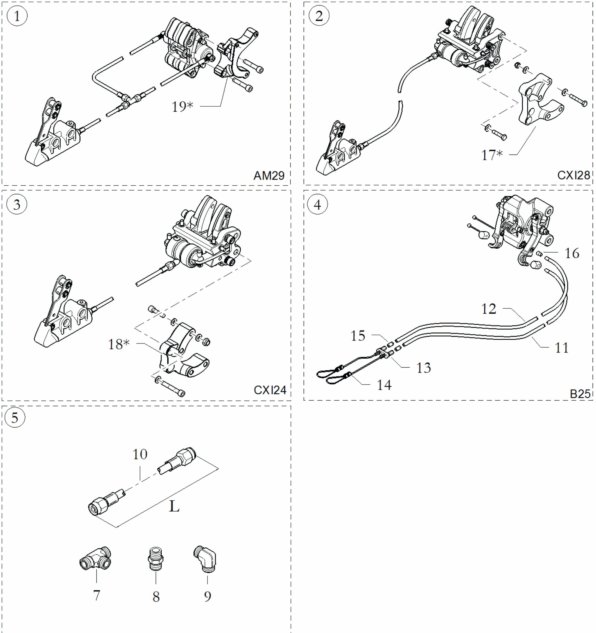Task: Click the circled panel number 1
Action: pos(17,16)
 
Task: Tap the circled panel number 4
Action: pos(318,204)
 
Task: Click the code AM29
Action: pos(269,175)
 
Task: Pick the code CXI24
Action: pos(270,390)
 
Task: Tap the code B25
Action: pos(580,394)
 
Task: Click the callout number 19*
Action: pos(183,107)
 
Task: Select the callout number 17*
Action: pos(492,155)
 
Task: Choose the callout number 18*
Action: pos(119,344)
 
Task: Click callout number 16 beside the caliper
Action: pos(572,253)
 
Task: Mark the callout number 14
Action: pos(384,385)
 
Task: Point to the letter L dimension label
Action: pos(174,506)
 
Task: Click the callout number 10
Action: pos(140,454)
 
